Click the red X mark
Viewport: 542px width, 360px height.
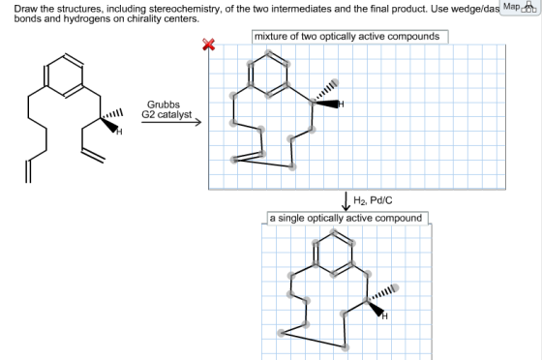pyautogui.click(x=208, y=45)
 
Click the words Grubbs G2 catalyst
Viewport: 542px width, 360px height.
pyautogui.click(x=166, y=109)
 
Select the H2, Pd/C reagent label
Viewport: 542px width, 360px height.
pyautogui.click(x=373, y=200)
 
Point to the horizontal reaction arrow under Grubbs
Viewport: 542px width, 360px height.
pyautogui.click(x=171, y=122)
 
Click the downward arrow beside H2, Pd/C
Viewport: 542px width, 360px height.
pyautogui.click(x=346, y=201)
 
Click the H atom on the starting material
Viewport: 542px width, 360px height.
pyautogui.click(x=119, y=132)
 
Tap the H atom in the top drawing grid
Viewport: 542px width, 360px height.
pyautogui.click(x=341, y=104)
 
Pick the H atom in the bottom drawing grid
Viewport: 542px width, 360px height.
pyautogui.click(x=385, y=316)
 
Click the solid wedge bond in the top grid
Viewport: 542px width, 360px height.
pyautogui.click(x=325, y=103)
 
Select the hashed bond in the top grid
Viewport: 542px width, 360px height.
pyautogui.click(x=325, y=92)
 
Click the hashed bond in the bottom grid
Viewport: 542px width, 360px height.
pyautogui.click(x=380, y=294)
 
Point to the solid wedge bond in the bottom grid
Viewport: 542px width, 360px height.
pyautogui.click(x=376, y=309)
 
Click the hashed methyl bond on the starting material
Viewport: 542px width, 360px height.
pyautogui.click(x=111, y=115)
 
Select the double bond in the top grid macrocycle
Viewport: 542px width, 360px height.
pyautogui.click(x=248, y=157)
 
